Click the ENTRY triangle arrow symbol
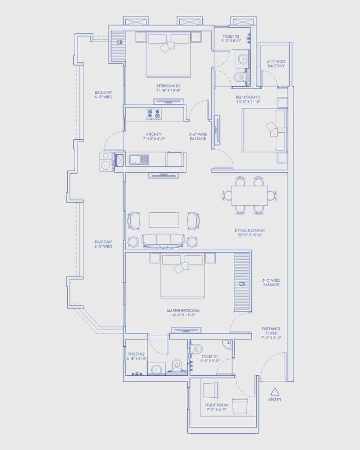pyautogui.click(x=275, y=392)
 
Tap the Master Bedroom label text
pyautogui.click(x=183, y=311)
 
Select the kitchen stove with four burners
pyautogui.click(x=153, y=114)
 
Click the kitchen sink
pyautogui.click(x=139, y=160)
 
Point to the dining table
pyautogui.click(x=249, y=196)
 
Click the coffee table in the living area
pyautogui.click(x=164, y=220)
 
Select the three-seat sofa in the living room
pyautogui.click(x=163, y=241)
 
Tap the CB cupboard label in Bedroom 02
pyautogui.click(x=120, y=43)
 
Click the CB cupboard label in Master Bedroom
pyautogui.click(x=242, y=284)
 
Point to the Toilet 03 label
pyautogui.click(x=231, y=36)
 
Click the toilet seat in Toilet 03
pyautogui.click(x=240, y=77)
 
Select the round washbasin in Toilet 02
pyautogui.click(x=156, y=369)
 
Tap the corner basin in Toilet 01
pyautogui.click(x=228, y=344)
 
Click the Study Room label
pyautogui.click(x=216, y=405)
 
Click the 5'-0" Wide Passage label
pyautogui.click(x=271, y=283)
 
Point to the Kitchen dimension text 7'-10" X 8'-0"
pyautogui.click(x=154, y=138)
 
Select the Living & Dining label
pyautogui.click(x=250, y=230)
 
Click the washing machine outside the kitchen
pyautogui.click(x=106, y=162)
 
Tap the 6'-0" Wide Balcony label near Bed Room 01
pyautogui.click(x=276, y=64)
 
